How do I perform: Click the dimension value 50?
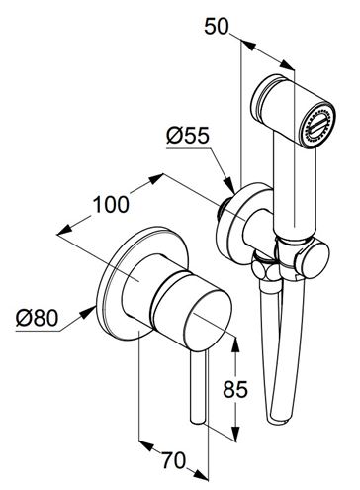tap(217, 27)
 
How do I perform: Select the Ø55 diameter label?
tap(188, 135)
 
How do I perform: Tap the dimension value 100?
tap(111, 204)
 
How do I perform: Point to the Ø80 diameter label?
tap(37, 318)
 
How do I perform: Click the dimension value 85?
tap(235, 389)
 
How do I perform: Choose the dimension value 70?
tap(173, 460)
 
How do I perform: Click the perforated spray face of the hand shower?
tap(318, 126)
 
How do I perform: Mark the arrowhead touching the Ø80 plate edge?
tap(88, 312)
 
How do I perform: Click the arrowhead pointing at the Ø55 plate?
tap(229, 186)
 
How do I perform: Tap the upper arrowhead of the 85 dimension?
tap(235, 344)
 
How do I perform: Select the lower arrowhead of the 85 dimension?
tap(235, 434)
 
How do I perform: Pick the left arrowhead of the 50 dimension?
tap(248, 46)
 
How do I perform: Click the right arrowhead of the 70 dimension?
tap(201, 474)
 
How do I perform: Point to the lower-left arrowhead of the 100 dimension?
tap(65, 230)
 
